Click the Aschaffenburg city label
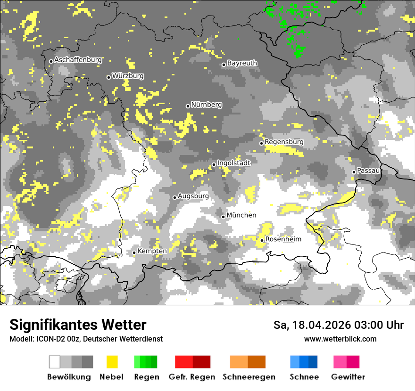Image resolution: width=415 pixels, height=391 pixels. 78,60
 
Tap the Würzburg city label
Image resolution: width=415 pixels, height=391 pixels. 128,76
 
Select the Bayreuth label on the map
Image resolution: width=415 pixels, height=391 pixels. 242,63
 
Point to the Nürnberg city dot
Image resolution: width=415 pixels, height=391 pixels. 188,106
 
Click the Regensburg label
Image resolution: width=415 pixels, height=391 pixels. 284,142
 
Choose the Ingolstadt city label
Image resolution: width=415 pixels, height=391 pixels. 234,163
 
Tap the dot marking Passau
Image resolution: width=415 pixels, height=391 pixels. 354,172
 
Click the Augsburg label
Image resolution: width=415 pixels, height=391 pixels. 193,196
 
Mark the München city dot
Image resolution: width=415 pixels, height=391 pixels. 224,217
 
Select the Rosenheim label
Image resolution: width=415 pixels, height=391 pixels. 283,239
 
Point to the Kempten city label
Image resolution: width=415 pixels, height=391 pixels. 152,251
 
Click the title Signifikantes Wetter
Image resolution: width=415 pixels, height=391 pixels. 78,325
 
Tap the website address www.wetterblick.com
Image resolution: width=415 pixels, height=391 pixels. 340,339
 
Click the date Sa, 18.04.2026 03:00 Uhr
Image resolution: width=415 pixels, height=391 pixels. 339,325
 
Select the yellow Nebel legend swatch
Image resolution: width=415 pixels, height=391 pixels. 112,362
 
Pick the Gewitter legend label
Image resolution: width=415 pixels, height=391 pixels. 348,377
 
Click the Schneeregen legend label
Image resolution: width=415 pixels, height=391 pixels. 249,377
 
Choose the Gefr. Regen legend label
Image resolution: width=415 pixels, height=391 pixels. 191,377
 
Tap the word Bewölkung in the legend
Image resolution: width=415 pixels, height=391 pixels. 69,377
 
